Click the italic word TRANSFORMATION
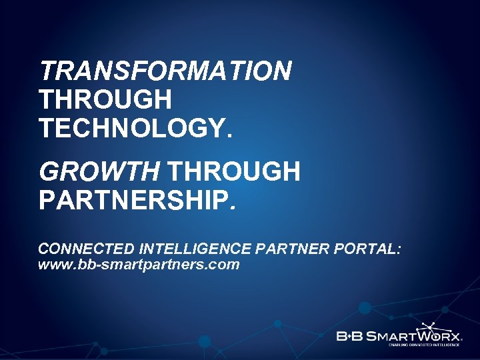tap(165, 71)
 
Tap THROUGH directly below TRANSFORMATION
tap(105, 99)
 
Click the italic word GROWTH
tap(99, 172)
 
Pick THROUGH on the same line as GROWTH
tap(233, 172)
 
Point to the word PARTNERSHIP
tap(133, 201)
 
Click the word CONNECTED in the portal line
tap(87, 249)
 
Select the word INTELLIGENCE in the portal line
tap(194, 249)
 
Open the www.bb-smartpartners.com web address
tap(139, 265)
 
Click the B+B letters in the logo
tap(351, 335)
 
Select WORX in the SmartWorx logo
tap(439, 335)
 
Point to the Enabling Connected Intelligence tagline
tap(425, 345)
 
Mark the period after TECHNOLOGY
tap(231, 135)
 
